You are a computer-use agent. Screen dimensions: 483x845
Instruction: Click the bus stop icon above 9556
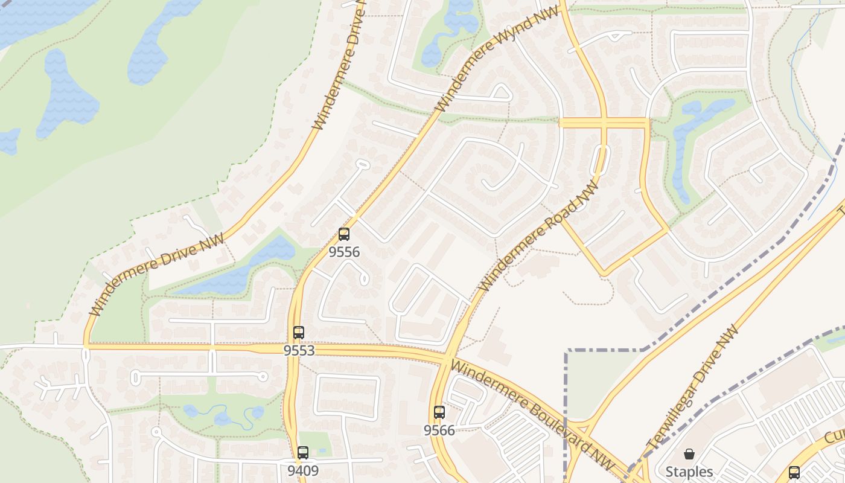344,234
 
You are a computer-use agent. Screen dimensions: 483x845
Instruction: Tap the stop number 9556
344,252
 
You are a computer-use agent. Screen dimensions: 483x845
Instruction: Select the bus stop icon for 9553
299,333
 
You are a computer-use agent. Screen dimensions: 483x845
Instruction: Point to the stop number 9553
299,350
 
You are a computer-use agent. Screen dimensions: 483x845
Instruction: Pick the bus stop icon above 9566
439,413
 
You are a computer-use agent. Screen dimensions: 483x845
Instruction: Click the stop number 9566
439,430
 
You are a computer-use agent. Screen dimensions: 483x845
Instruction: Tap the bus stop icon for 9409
303,453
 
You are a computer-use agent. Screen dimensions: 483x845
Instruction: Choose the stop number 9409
303,470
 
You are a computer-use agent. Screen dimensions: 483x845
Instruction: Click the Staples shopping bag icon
689,454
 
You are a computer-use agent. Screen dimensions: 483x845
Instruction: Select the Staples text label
689,472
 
